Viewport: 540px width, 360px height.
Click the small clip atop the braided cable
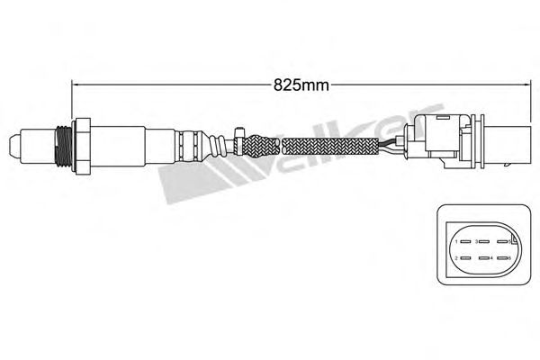[x=237, y=133]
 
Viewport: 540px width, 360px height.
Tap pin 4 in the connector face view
[x=486, y=258]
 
